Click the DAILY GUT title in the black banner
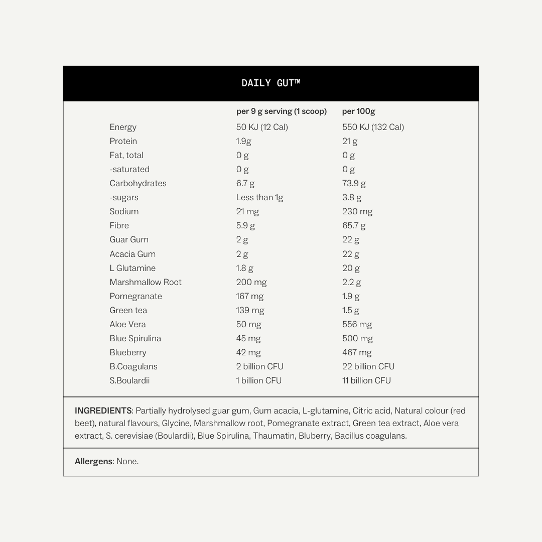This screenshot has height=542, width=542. [270, 83]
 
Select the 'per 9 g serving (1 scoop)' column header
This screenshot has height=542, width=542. [281, 111]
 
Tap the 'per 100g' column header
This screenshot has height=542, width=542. [358, 111]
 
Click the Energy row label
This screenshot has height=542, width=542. [123, 127]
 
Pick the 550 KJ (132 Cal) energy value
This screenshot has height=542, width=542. [373, 127]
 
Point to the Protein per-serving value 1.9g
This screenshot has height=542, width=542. [243, 142]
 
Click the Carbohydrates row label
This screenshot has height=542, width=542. [138, 184]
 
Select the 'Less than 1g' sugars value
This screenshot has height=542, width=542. [259, 198]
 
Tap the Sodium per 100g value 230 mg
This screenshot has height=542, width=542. [357, 212]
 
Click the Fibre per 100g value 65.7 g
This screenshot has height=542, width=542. [354, 226]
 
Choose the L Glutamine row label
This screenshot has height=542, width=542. [132, 268]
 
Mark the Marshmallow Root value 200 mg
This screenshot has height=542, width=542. [251, 282]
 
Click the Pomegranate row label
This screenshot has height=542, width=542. [135, 296]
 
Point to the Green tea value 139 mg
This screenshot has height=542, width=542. [250, 310]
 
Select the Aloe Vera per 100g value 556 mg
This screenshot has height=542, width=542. [357, 324]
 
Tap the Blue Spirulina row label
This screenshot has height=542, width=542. [135, 338]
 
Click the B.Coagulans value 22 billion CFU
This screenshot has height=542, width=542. [368, 366]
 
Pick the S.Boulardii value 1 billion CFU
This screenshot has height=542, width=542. [258, 380]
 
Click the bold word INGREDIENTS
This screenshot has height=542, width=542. [103, 411]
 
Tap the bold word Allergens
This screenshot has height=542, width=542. [93, 461]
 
